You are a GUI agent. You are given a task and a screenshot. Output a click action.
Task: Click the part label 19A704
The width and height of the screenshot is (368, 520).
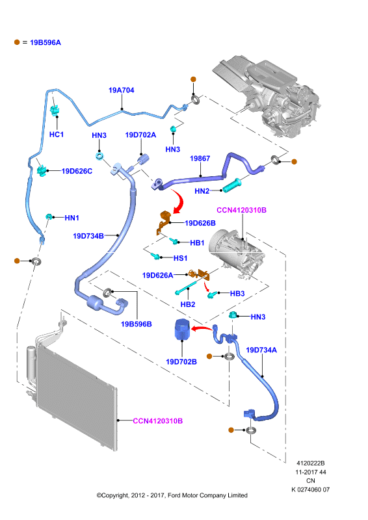coord(122,90)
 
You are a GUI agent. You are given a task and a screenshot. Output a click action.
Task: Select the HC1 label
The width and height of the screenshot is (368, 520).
coord(57,135)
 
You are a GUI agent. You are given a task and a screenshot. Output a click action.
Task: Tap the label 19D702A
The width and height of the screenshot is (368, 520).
coord(140,135)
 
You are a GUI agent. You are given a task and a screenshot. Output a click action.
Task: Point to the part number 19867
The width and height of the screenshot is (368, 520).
coord(200,159)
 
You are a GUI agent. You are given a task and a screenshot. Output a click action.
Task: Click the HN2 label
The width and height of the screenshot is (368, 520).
coord(202,191)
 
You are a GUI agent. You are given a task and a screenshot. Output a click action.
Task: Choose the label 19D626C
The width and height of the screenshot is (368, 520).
coord(77,171)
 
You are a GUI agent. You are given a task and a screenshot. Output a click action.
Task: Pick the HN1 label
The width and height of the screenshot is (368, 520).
coord(72,218)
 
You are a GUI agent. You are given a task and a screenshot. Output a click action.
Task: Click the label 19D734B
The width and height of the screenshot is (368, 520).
coord(88,236)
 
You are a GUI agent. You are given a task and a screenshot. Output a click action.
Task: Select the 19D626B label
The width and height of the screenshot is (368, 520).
coord(200,223)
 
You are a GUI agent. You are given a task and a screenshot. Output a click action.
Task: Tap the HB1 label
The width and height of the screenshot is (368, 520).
coord(197,242)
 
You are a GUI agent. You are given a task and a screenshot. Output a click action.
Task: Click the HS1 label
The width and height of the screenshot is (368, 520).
coord(180,258)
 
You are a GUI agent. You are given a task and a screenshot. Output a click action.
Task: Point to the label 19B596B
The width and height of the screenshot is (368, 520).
coord(137,324)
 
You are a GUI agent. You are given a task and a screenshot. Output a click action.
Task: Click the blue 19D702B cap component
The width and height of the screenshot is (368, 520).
coord(182,329)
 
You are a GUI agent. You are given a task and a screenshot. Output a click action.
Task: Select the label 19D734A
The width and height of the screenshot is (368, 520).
coord(261,350)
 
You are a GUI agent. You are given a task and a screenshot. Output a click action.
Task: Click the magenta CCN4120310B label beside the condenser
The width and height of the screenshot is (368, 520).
coord(157,421)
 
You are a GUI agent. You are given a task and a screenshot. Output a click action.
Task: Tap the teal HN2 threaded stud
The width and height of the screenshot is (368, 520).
coord(231,185)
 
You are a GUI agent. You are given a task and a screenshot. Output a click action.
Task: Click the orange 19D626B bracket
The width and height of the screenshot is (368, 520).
coord(164,222)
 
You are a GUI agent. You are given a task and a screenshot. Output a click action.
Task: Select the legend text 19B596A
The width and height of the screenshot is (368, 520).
coord(46,42)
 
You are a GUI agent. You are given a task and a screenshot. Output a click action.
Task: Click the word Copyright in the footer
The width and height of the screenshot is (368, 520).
coord(115,495)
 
